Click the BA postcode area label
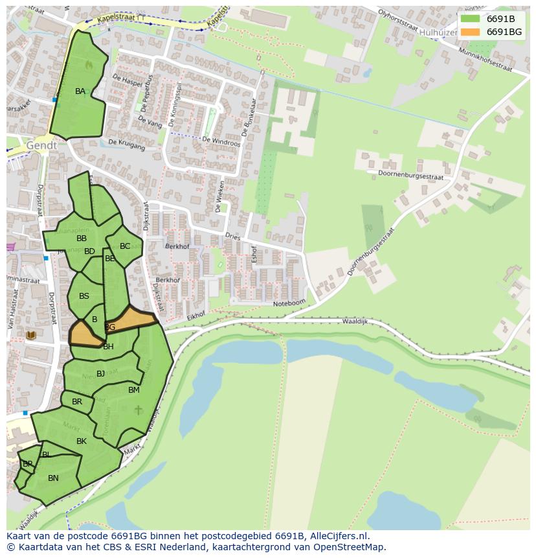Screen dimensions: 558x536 click(x=80, y=91)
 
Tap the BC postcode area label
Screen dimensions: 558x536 click(x=125, y=246)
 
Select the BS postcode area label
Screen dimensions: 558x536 click(x=84, y=296)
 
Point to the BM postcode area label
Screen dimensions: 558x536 click(x=133, y=390)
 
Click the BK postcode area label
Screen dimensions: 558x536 click(x=82, y=441)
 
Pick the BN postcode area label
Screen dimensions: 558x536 click(x=53, y=478)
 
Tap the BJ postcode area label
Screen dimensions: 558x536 click(x=100, y=374)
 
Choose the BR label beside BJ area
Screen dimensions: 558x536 click(x=77, y=402)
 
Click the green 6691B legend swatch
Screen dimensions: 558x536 click(x=471, y=19)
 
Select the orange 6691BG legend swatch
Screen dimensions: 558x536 click(x=471, y=32)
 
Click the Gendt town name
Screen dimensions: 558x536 click(x=41, y=146)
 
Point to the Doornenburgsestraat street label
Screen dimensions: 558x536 click(x=410, y=175)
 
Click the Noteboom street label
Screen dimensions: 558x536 click(x=289, y=303)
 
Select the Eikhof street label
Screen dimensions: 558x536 click(x=195, y=315)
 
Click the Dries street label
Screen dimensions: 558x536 click(x=233, y=237)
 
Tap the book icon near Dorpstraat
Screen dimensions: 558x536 click(x=30, y=335)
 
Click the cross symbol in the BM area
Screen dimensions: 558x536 click(x=138, y=410)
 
